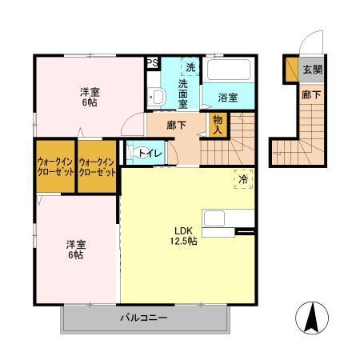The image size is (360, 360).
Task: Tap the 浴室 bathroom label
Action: click(x=227, y=98)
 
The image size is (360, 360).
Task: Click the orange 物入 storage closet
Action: click(x=217, y=123)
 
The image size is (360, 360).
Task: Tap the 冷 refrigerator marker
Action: click(x=242, y=180)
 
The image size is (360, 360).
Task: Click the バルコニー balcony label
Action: click(x=144, y=318)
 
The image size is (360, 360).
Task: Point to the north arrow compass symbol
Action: click(x=313, y=320)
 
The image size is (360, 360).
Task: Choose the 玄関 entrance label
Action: click(x=312, y=70)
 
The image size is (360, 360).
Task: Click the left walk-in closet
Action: click(x=54, y=167)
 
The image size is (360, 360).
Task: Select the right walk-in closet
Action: click(x=97, y=167)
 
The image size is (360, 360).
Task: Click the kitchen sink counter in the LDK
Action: click(x=226, y=218)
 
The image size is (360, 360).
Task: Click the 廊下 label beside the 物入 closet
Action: click(x=177, y=124)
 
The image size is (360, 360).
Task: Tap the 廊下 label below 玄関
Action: click(x=311, y=94)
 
